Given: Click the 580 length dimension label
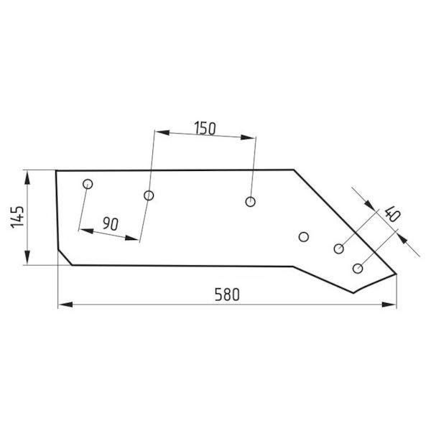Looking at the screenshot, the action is pos(227,295).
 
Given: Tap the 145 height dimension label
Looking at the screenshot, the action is pos(17,217).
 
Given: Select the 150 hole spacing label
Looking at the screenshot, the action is pos(205,128).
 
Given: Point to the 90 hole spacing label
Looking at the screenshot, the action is pos(111,223).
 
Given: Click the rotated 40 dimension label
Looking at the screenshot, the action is pos(392,213).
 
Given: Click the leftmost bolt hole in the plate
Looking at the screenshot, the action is pos(88,184).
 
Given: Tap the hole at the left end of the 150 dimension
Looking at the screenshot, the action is pos(149,195).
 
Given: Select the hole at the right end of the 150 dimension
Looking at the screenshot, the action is pos(250,202).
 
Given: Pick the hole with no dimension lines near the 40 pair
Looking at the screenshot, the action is pos(303,236).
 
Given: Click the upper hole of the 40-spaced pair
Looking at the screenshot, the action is pos(338,249).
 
